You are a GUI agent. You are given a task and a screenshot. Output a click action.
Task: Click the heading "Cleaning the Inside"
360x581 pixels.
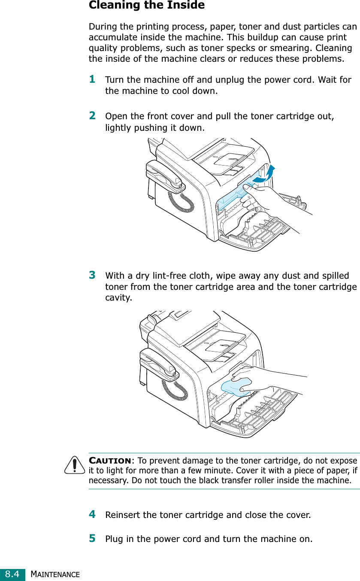[146, 6]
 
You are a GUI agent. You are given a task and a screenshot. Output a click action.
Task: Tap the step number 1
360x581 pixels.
[92, 79]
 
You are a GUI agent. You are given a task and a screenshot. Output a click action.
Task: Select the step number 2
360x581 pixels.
[92, 115]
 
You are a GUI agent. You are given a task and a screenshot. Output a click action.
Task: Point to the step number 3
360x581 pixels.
[92, 274]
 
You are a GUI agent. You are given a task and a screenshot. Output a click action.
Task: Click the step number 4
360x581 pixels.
[92, 514]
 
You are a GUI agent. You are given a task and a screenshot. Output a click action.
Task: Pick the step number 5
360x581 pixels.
[92, 538]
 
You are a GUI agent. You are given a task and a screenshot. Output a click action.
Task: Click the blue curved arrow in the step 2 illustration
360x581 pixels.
[265, 175]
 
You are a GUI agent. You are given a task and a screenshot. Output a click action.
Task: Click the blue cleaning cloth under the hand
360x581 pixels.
[236, 386]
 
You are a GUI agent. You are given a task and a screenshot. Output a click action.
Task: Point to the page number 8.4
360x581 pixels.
[12, 573]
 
